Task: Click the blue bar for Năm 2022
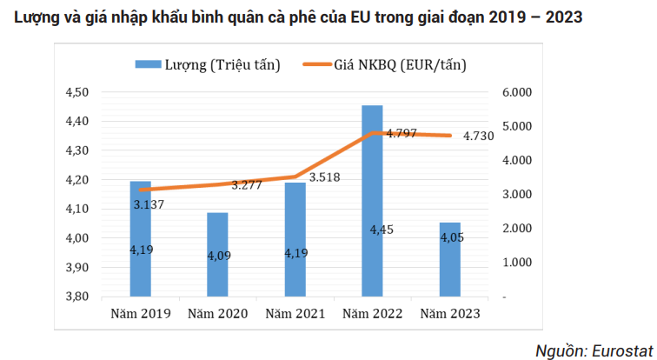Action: click(x=372, y=200)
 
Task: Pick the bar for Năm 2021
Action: click(x=295, y=239)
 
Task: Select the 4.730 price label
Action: click(x=479, y=136)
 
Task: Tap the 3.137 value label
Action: click(x=149, y=204)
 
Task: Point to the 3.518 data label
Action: click(x=323, y=177)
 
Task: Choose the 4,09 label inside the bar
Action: click(x=217, y=256)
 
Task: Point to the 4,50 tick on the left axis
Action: click(x=79, y=92)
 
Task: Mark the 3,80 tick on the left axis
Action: click(x=79, y=296)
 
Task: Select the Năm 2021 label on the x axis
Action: click(x=295, y=313)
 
